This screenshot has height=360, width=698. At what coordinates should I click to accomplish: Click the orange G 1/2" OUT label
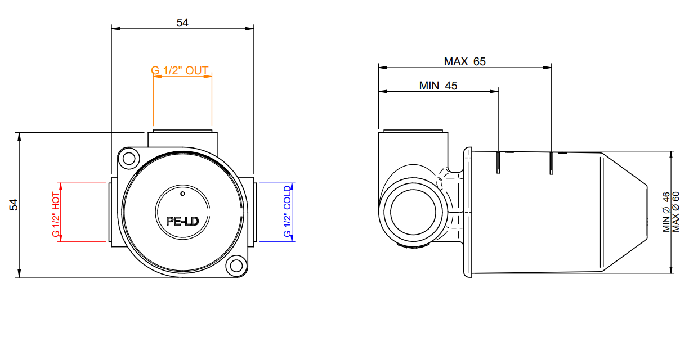(180, 70)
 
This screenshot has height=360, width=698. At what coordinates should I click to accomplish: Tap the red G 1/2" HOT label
(56, 214)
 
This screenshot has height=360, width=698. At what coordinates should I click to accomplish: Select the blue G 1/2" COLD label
(287, 211)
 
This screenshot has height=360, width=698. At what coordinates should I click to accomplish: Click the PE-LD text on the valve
(182, 221)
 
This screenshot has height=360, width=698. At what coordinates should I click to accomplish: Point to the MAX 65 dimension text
(464, 61)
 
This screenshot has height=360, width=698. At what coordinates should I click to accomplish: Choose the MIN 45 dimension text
(438, 85)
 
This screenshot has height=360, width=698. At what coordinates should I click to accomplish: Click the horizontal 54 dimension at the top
(182, 22)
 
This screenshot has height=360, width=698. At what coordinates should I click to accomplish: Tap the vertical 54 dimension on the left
(14, 205)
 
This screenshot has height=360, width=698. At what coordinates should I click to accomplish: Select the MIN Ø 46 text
(666, 212)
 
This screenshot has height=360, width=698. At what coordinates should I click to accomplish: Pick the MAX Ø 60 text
(675, 211)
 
